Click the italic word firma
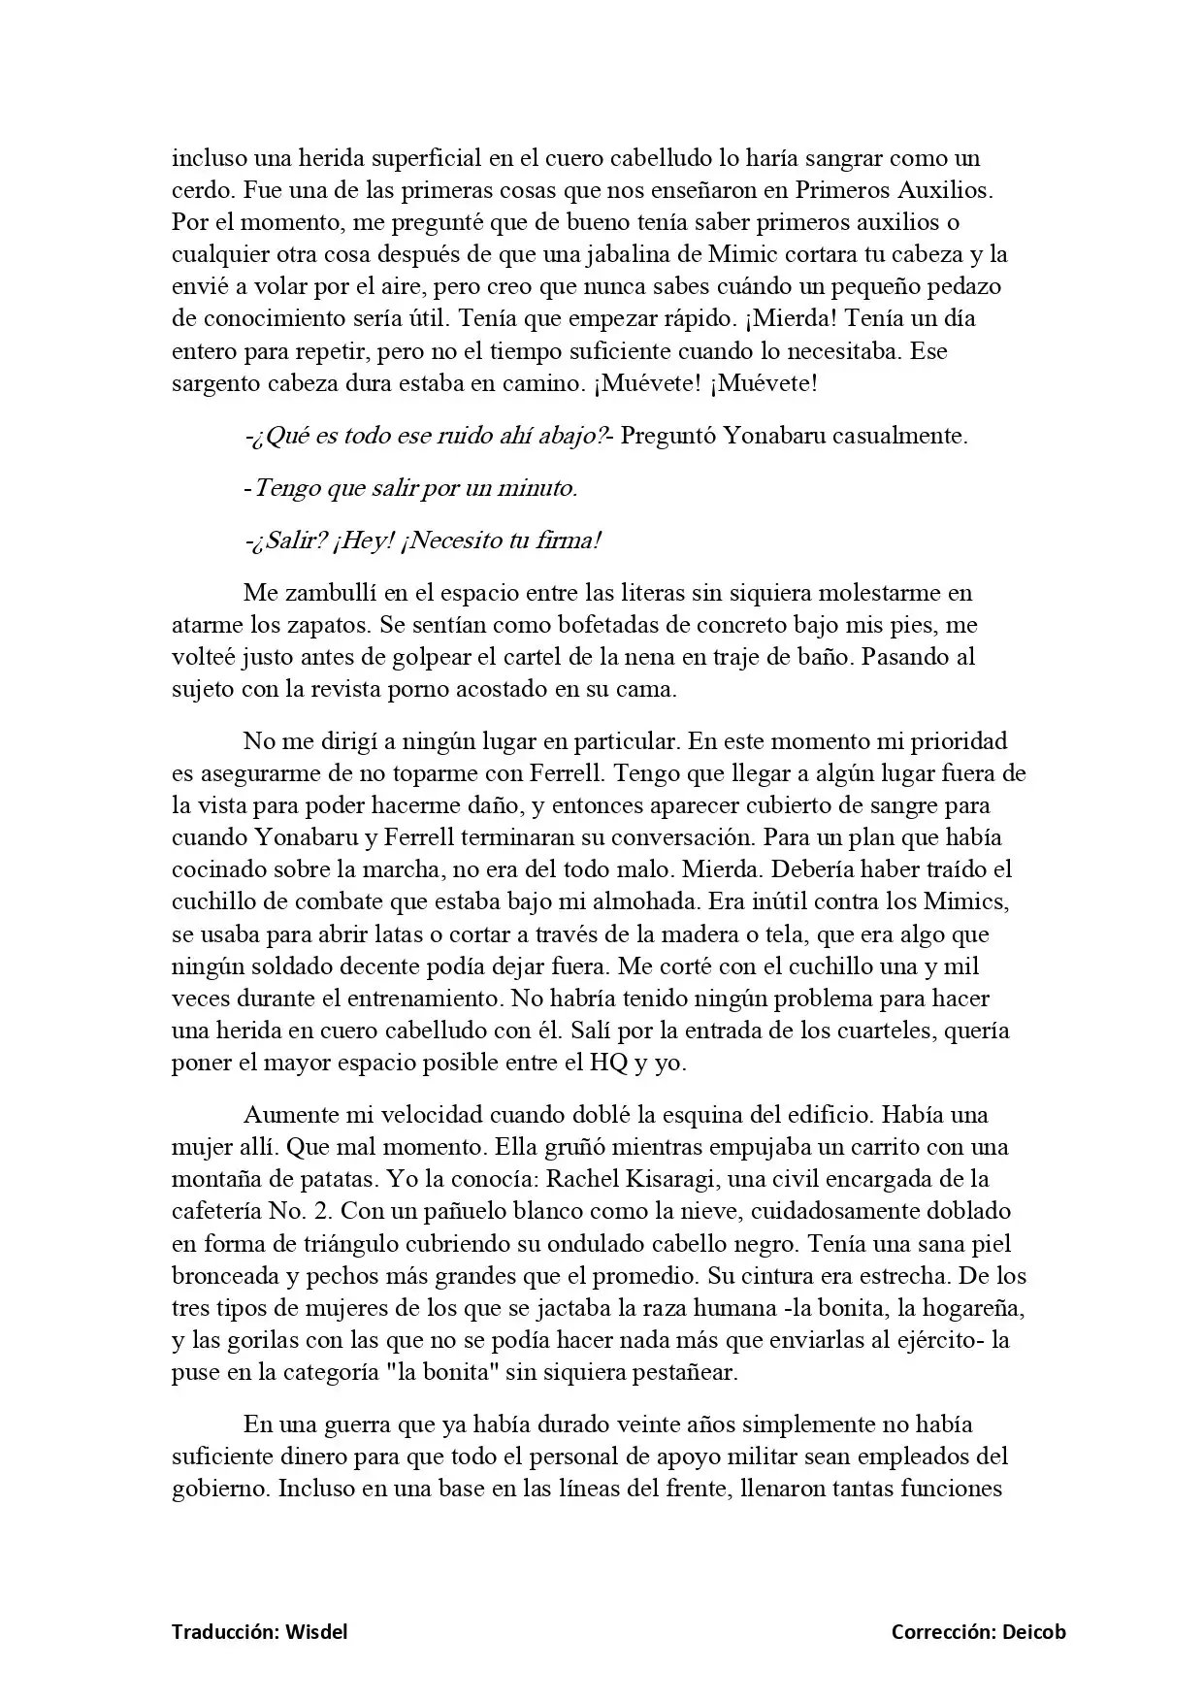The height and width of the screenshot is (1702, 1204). pyautogui.click(x=569, y=540)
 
